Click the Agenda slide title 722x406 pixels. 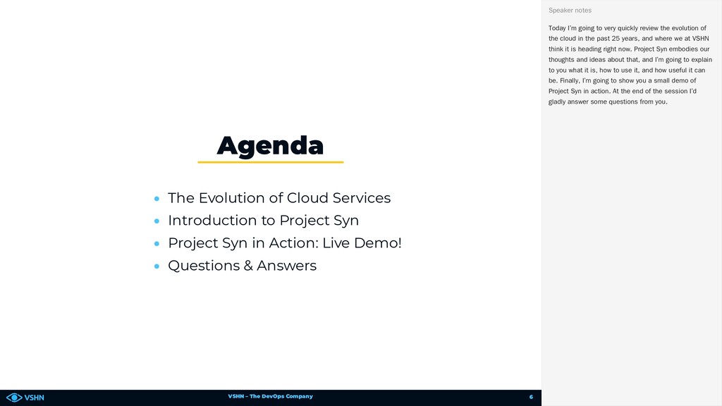(x=270, y=146)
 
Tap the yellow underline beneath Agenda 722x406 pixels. (x=271, y=162)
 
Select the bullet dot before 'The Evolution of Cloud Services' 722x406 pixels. (x=157, y=199)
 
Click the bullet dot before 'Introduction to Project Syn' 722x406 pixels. (x=157, y=221)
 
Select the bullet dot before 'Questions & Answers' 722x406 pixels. (x=157, y=266)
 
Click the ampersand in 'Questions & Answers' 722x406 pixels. (x=248, y=266)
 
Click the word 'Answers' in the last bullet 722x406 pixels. (x=286, y=266)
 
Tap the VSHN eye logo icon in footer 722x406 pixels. (x=14, y=398)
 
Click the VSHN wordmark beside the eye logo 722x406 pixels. (x=34, y=398)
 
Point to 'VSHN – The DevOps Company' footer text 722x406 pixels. (x=270, y=396)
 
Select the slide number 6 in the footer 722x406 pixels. (x=531, y=397)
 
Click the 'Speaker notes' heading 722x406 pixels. (x=570, y=10)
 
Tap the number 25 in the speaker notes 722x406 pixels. (x=616, y=39)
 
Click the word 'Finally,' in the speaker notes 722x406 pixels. (x=570, y=80)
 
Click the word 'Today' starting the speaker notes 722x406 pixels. (x=557, y=28)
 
